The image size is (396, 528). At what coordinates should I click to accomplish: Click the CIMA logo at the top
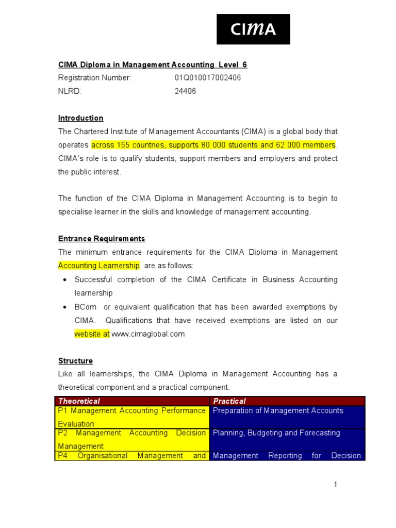253,29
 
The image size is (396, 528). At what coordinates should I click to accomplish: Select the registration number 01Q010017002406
207,78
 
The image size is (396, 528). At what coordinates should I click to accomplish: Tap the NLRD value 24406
185,91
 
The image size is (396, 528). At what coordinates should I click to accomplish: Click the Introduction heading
80,118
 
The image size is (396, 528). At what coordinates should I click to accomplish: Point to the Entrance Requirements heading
102,239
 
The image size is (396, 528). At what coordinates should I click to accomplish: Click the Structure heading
75,361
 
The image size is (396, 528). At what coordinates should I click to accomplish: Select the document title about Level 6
153,64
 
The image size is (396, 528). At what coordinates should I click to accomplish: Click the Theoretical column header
79,401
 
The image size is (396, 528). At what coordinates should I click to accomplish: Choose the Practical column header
229,401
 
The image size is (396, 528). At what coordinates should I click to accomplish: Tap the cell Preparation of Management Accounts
278,410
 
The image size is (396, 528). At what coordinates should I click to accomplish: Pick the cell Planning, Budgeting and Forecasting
276,433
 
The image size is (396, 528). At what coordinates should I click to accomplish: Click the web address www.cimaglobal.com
148,334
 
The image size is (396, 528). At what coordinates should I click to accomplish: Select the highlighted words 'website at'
92,334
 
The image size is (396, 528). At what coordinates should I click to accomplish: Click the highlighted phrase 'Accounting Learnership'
98,266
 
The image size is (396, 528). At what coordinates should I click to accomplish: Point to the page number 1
335,485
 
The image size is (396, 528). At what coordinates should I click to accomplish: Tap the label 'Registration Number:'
94,78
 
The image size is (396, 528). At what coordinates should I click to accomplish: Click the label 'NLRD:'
70,91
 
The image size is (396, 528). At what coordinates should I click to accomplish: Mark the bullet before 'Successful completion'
64,280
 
